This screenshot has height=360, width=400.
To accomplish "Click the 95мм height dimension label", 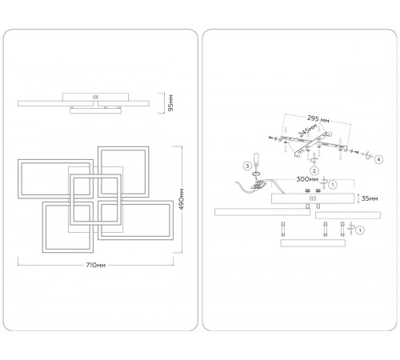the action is pos(171,103).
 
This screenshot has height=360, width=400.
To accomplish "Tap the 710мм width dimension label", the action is pos(96,265).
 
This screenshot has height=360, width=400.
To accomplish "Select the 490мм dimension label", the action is pos(182,199).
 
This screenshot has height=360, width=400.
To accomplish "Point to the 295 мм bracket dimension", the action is pos(318,119).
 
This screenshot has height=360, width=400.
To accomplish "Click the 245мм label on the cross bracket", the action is pos(308,130).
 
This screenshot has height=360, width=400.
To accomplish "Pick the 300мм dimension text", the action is pos(307,179).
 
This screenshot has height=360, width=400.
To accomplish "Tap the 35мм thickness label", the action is pos(370,198).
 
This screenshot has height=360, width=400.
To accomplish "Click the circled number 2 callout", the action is pos(314,171).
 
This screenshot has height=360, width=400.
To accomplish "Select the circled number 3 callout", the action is pos(247,166).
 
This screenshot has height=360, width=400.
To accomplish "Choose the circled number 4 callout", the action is pos(378,159).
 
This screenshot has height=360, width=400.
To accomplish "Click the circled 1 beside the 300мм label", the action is pos(333,184).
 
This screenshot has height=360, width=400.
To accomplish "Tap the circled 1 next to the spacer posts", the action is pos(360,230).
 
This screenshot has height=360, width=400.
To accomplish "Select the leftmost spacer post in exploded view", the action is pos(283,230).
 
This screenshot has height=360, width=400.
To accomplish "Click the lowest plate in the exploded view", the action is pos(313,243).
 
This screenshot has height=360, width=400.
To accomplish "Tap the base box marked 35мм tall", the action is pos(313,198).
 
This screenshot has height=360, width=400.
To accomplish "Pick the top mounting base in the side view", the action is pos(95,97).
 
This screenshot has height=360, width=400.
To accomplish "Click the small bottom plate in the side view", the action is pos(95,110).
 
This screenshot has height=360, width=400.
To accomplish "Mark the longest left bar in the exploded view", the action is pos(262,212).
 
